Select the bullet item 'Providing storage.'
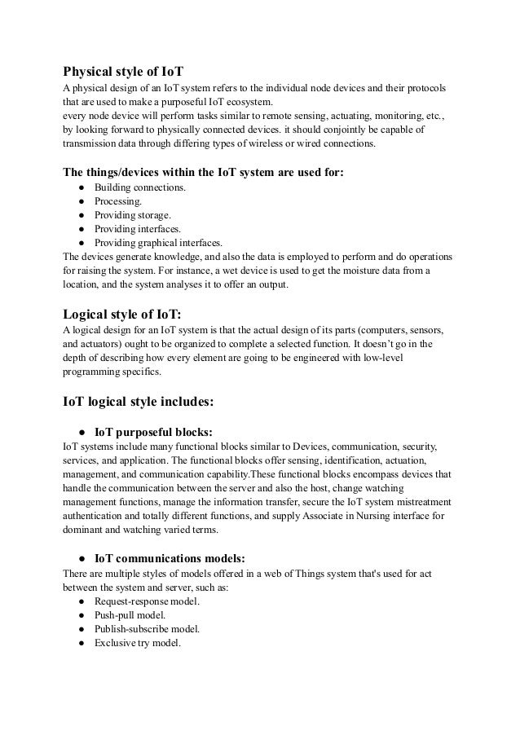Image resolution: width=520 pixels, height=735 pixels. pos(133,215)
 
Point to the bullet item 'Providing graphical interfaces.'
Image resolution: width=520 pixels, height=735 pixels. pos(158,242)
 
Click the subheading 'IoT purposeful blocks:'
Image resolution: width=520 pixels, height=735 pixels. pos(153,432)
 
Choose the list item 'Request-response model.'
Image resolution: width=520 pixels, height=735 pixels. pos(147,601)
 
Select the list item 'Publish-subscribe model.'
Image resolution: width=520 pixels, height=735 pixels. pos(148,629)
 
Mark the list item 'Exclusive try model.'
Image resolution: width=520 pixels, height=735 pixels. pos(137,642)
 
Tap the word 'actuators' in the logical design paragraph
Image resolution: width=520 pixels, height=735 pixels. pos(105,344)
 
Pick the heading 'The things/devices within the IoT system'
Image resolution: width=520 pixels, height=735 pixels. pos(214,172)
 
